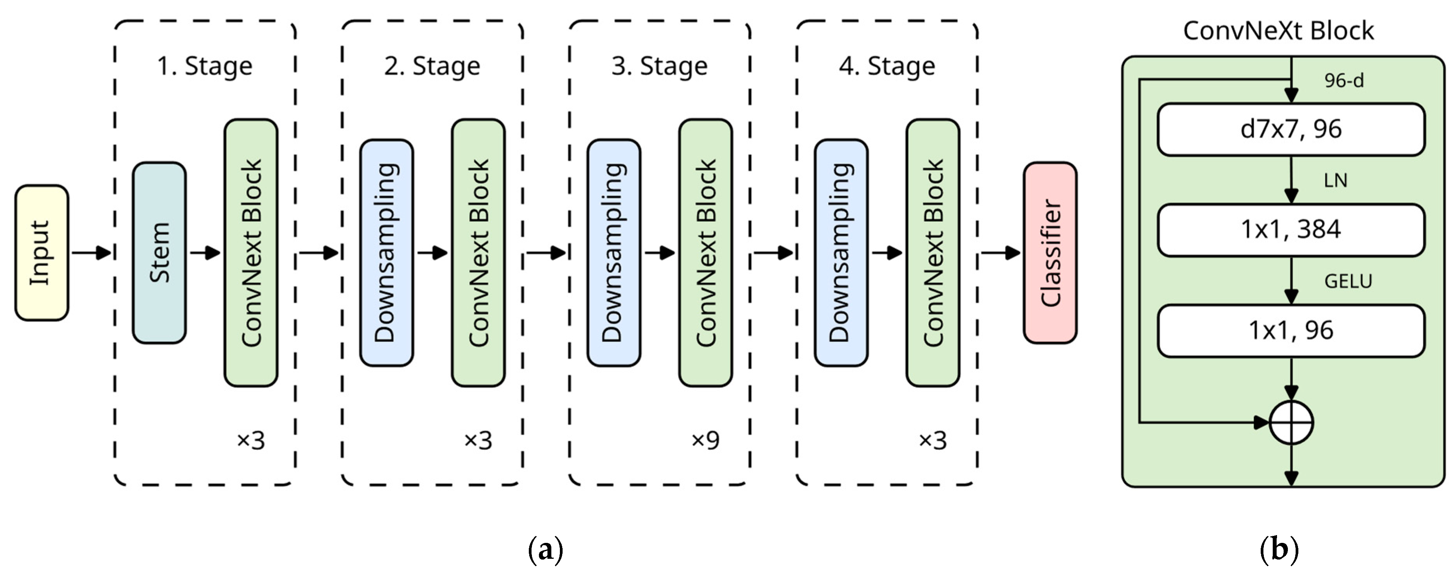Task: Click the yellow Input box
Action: click(x=41, y=252)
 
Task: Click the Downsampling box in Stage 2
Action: click(x=387, y=252)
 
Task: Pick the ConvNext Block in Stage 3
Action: click(x=705, y=252)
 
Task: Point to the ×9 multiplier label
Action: click(x=705, y=440)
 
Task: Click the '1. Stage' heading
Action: click(x=205, y=66)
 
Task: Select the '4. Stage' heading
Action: click(x=887, y=66)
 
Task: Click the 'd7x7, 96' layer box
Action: click(x=1291, y=129)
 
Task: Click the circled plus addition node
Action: click(x=1291, y=422)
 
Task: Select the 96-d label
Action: click(x=1343, y=81)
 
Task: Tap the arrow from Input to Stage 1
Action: click(x=91, y=252)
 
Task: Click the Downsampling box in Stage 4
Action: click(x=841, y=252)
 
